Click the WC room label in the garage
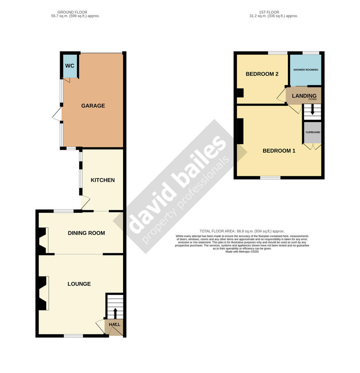[x=70, y=66]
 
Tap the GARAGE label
[x=93, y=106]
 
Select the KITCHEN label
[x=103, y=180]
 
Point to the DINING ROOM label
[x=86, y=233]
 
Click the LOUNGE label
[x=79, y=284]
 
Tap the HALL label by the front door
[x=115, y=325]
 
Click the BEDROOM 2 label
[x=262, y=74]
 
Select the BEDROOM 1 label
[x=279, y=150]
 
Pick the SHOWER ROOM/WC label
[x=306, y=70]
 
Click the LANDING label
[x=304, y=96]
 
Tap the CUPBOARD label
[x=313, y=132]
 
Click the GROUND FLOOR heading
[x=72, y=12]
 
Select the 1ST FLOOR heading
[x=269, y=12]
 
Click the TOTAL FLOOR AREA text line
[x=242, y=231]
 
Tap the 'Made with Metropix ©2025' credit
[x=242, y=251]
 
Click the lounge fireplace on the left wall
[x=44, y=293]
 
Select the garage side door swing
[x=57, y=114]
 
